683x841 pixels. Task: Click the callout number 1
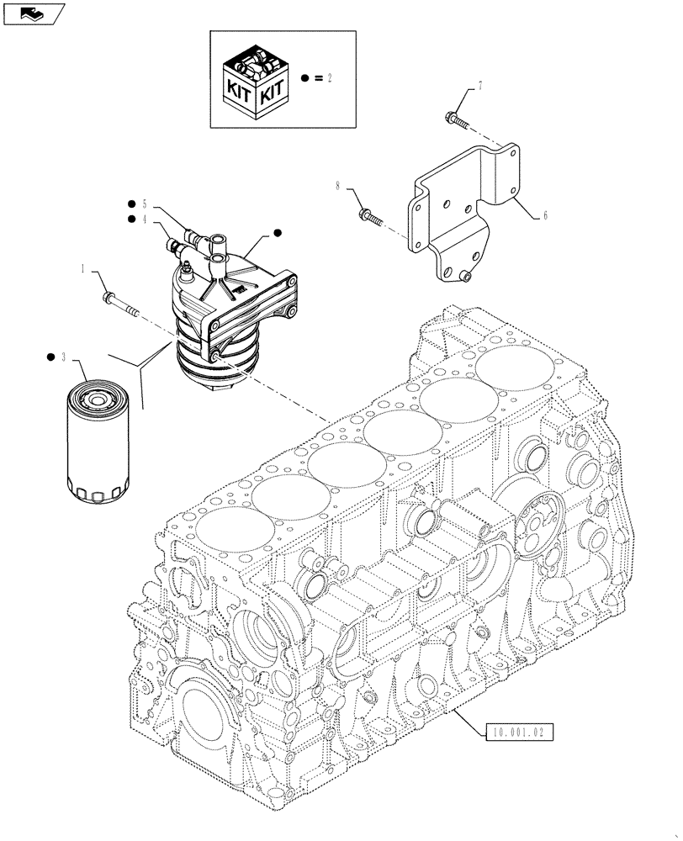tap(84, 268)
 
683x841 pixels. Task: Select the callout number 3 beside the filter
tap(62, 357)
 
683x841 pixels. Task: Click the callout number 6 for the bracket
tap(545, 216)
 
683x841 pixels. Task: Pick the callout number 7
tap(480, 87)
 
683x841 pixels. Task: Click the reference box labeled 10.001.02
tap(520, 733)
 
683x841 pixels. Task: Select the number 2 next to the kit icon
tap(331, 78)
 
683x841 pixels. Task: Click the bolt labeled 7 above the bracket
tap(453, 119)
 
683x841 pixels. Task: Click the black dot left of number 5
tap(131, 204)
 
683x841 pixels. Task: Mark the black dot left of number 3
tap(50, 357)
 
